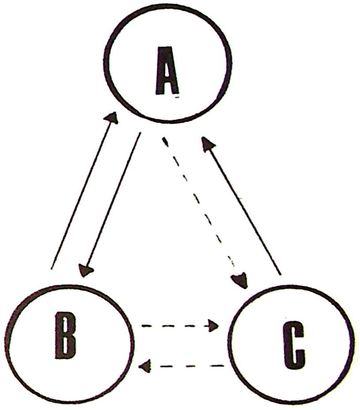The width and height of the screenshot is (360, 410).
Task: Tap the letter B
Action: pos(65,337)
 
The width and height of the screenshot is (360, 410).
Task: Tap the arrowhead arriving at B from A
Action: pos(85,270)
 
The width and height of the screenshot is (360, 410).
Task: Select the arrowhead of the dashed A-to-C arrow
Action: pos(240,280)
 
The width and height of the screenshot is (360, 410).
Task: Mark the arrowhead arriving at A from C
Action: pos(207,144)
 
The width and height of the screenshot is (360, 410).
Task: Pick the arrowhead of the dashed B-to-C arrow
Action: pos(214,326)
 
